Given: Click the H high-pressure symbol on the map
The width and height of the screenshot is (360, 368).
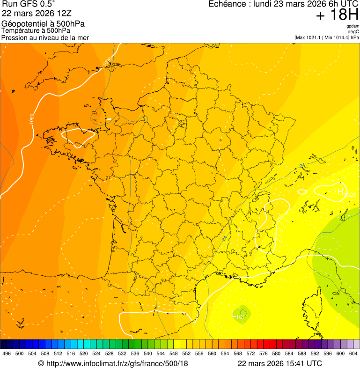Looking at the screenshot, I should pyautogui.click(x=340, y=191).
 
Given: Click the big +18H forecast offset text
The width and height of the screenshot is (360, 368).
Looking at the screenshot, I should pyautogui.click(x=337, y=15).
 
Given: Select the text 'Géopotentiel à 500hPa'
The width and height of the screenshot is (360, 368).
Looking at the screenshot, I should pyautogui.click(x=43, y=24).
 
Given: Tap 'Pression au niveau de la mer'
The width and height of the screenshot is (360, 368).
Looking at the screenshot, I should pyautogui.click(x=45, y=37).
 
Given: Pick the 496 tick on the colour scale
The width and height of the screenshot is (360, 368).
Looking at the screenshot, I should pyautogui.click(x=7, y=354).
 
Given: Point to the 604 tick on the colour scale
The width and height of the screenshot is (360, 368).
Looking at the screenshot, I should pyautogui.click(x=353, y=354).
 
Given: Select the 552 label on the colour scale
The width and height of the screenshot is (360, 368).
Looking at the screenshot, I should pyautogui.click(x=186, y=354).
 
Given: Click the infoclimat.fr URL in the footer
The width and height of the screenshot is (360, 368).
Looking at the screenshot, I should pyautogui.click(x=113, y=363).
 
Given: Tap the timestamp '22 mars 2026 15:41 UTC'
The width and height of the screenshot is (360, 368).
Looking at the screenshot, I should pyautogui.click(x=279, y=363).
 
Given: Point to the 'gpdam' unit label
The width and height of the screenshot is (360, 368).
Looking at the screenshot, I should pyautogui.click(x=353, y=27).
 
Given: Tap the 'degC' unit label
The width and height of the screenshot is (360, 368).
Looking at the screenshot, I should pyautogui.click(x=353, y=32).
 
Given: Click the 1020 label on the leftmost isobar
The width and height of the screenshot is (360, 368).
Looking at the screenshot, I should pyautogui.click(x=31, y=118).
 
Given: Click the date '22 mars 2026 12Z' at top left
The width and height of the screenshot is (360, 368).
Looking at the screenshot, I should pyautogui.click(x=32, y=14).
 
